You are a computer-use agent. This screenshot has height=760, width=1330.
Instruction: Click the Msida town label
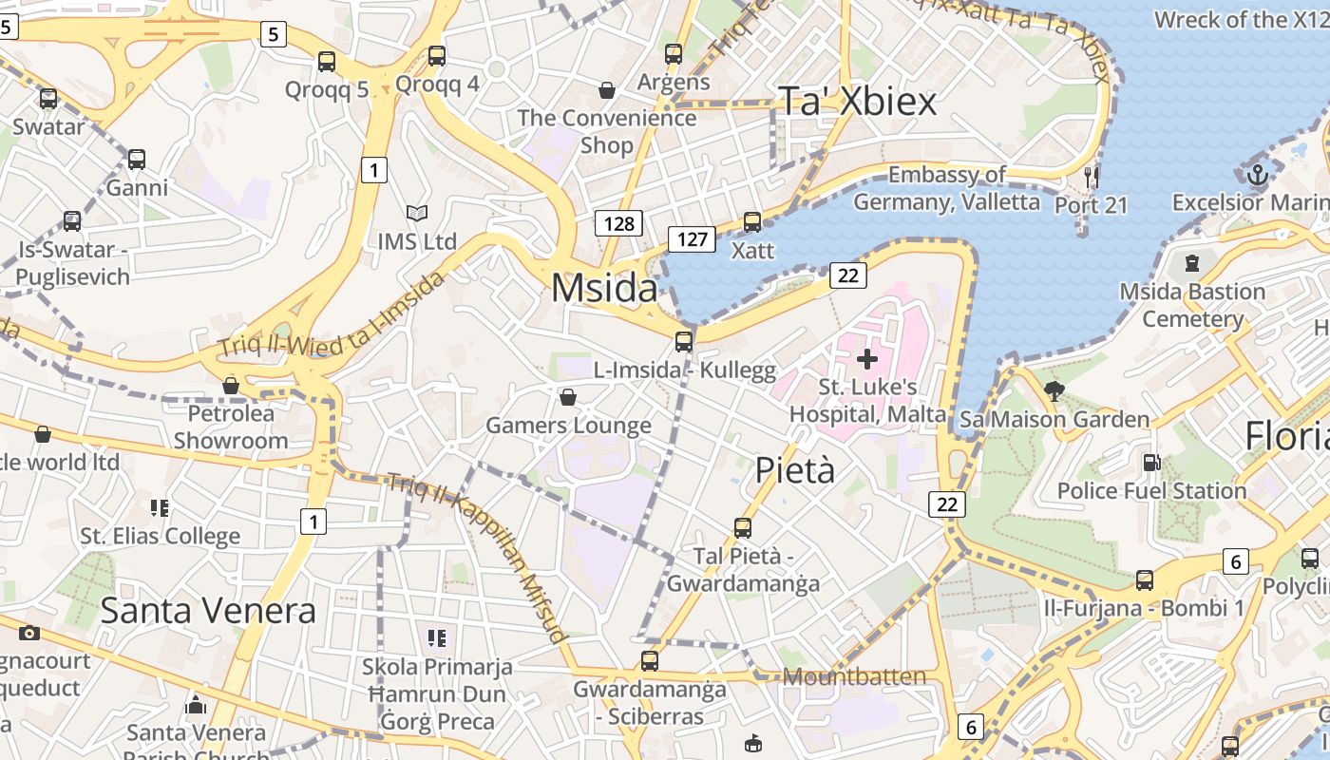(604, 288)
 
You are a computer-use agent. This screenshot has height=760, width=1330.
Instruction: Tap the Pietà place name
(795, 469)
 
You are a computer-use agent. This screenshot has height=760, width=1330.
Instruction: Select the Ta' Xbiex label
(857, 101)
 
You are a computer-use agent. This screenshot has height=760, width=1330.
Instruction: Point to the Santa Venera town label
(207, 610)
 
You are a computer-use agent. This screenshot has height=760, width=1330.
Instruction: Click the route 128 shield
(618, 223)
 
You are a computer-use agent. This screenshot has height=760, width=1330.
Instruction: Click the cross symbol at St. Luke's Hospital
(866, 359)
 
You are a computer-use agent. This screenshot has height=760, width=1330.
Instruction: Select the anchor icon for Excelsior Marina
(1257, 175)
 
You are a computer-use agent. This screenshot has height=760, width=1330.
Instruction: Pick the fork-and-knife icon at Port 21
(1091, 177)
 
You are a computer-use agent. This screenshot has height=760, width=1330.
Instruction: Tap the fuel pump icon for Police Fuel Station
(1150, 463)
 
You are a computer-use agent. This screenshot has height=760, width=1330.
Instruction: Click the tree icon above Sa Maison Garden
(1054, 389)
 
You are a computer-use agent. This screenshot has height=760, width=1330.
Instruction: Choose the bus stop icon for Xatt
(752, 222)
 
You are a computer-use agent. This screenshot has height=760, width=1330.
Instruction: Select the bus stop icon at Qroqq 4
(437, 56)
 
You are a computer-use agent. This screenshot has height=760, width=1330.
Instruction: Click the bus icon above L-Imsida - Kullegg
(684, 342)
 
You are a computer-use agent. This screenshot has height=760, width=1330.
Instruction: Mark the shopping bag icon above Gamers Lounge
(568, 396)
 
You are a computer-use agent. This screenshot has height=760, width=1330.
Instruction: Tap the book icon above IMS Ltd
(416, 213)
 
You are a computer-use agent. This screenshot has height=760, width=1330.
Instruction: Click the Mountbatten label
(854, 676)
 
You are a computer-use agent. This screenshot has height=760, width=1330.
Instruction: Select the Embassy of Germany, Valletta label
(946, 188)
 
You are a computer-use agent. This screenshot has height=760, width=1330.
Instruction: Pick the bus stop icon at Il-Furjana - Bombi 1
(1145, 579)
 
